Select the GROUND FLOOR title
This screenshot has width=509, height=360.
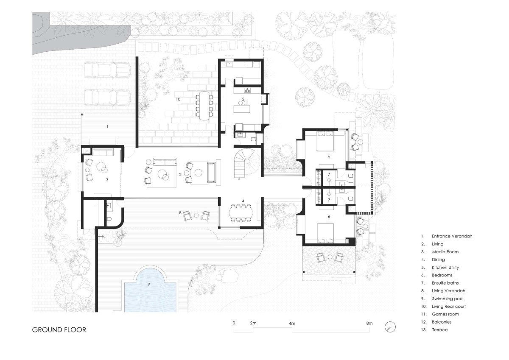click(59, 330)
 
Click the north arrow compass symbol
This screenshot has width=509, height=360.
click(390, 327)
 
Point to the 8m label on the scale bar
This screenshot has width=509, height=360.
click(369, 323)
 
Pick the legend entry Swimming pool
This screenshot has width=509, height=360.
click(447, 299)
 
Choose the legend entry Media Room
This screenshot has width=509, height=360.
click(445, 251)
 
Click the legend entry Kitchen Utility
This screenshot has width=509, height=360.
click(445, 267)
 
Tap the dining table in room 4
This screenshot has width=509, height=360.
click(241, 213)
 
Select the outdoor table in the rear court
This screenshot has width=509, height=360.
click(204, 106)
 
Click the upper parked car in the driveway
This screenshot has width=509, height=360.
click(107, 69)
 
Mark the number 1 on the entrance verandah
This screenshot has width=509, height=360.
click(107, 126)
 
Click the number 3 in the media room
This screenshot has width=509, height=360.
click(107, 180)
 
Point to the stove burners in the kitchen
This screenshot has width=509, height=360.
click(247, 90)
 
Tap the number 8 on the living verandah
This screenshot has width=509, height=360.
click(180, 212)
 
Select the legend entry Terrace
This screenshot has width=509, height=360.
click(440, 330)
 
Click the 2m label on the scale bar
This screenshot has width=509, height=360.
click(253, 323)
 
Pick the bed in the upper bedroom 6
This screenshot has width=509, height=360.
click(325, 141)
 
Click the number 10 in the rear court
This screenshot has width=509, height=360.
click(178, 99)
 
